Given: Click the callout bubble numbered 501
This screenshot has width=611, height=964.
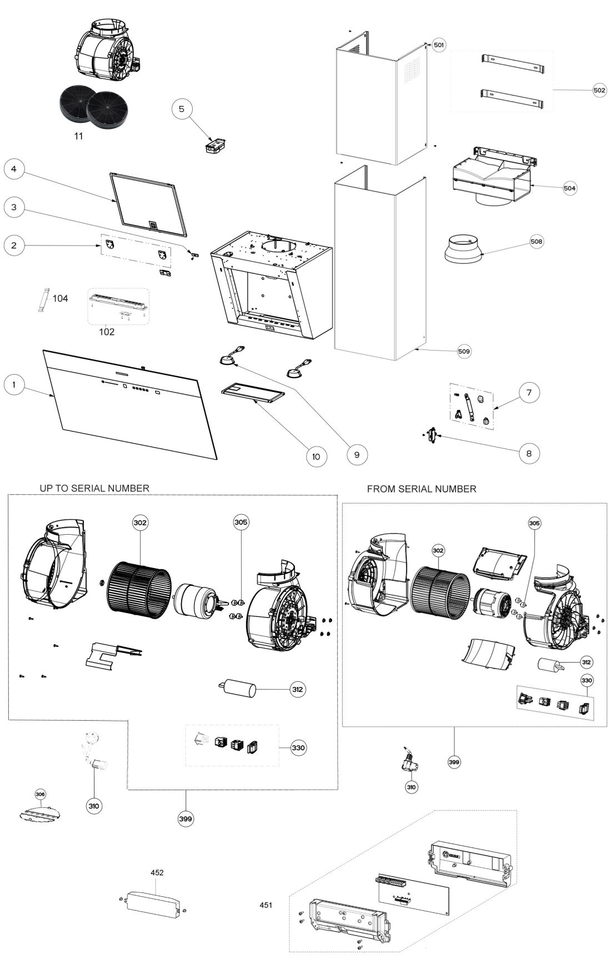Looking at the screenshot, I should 439,45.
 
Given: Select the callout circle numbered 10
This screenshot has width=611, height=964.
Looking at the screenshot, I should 316,456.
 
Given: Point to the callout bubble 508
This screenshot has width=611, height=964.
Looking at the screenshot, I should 536,242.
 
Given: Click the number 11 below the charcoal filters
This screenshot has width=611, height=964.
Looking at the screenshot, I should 79,135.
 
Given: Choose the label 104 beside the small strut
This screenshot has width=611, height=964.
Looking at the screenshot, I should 60,298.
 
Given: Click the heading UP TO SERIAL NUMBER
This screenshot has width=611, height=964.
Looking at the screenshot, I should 94,488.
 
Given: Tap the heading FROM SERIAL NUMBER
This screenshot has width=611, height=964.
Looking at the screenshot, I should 422,489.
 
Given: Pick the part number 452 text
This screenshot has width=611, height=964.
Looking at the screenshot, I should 157,872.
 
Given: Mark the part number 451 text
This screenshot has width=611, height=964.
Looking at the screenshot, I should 266,905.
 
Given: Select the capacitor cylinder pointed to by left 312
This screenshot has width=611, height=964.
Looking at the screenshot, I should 238,689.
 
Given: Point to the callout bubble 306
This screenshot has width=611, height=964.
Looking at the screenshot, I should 41,795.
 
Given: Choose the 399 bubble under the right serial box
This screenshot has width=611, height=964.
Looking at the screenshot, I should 454,762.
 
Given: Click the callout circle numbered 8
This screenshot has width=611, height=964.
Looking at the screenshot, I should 528,453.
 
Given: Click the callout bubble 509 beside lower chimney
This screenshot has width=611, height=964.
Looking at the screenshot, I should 463,351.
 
